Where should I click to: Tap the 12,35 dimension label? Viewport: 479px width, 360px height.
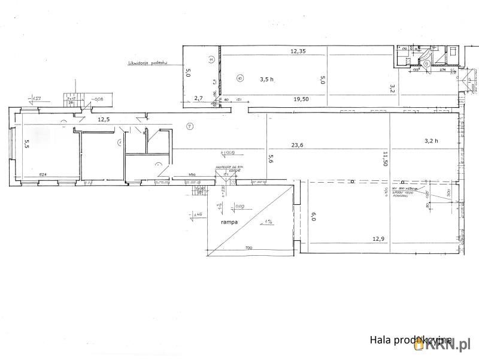[x=298, y=51]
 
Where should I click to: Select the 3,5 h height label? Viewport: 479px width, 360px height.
[x=266, y=78]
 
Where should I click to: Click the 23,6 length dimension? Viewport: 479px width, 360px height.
[x=298, y=144]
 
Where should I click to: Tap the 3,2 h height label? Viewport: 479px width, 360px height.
[x=431, y=141]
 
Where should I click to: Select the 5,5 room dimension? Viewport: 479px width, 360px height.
[x=26, y=143]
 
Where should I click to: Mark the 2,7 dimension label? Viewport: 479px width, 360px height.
[x=198, y=98]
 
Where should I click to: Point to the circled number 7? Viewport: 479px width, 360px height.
[x=189, y=126]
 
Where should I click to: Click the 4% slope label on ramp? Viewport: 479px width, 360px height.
[x=266, y=222]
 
